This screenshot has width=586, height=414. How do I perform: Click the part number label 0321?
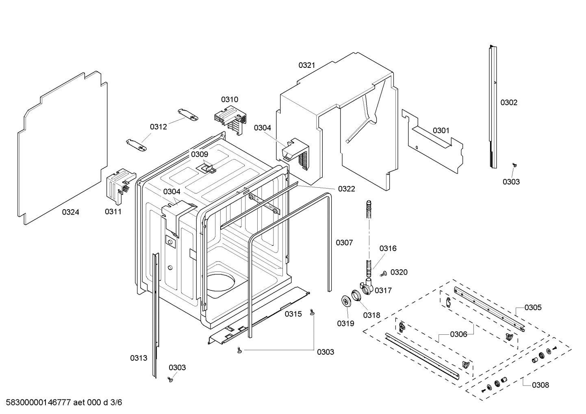[307, 65]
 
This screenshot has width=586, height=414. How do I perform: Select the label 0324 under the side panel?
[70, 212]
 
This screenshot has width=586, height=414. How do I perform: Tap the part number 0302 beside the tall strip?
[509, 102]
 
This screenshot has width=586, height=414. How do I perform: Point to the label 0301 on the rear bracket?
[441, 130]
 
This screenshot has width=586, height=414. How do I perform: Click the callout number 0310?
[230, 100]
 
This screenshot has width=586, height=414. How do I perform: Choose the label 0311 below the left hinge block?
[113, 212]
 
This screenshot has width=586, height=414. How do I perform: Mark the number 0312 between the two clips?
[158, 127]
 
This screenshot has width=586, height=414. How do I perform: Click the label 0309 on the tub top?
[200, 154]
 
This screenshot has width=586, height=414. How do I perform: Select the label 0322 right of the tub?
[346, 189]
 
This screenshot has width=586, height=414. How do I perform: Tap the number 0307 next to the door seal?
[344, 243]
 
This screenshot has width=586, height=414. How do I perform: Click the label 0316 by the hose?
[388, 248]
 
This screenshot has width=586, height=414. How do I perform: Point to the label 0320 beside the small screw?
[399, 272]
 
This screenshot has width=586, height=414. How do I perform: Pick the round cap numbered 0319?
[346, 301]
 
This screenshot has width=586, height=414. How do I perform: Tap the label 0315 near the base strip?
[293, 314]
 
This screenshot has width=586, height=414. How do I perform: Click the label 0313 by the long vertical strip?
[139, 358]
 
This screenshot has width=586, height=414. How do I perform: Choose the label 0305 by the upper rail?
[533, 308]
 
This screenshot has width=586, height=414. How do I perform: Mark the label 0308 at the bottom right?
[540, 385]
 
